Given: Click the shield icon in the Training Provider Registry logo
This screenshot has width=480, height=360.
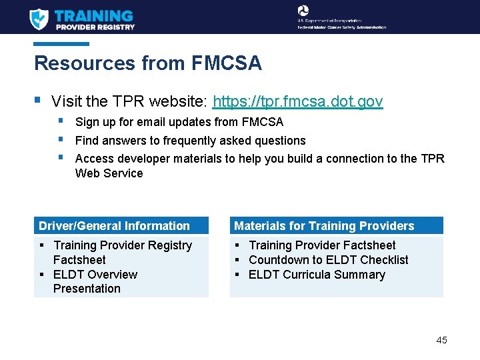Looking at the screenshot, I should point(39,19).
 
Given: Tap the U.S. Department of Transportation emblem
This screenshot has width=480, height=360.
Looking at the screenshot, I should point(303,11).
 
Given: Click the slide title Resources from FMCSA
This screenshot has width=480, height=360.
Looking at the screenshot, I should point(147,63).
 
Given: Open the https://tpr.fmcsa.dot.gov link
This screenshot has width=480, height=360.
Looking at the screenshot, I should point(297,101).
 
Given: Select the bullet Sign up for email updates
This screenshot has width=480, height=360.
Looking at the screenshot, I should point(179,122).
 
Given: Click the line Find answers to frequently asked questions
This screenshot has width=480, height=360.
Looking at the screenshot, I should point(190,141).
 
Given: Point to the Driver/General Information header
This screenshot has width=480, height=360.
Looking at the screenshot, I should point(114,226).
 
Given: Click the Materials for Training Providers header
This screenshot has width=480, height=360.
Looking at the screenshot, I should point(324,226).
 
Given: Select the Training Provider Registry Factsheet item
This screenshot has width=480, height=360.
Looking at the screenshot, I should point(122,253).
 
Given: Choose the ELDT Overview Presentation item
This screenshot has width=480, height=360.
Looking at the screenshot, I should point(95,281).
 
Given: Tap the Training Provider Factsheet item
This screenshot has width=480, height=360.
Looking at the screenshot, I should point(321,245).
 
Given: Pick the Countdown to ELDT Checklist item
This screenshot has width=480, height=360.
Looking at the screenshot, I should point(328,260).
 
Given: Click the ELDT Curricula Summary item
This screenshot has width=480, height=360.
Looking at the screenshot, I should point(317,275).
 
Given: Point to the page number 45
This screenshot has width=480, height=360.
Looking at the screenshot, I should point(441,340).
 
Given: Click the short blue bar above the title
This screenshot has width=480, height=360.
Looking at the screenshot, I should point(61,44).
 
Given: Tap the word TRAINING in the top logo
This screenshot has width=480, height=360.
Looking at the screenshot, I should point(94,15).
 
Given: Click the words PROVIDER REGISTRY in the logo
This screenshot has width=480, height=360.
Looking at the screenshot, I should point(95,27).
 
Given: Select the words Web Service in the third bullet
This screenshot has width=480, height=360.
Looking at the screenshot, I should point(109,173).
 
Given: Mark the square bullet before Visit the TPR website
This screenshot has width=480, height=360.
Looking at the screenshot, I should point(37,101).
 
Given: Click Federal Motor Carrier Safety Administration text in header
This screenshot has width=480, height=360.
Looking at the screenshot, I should point(342,27).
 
